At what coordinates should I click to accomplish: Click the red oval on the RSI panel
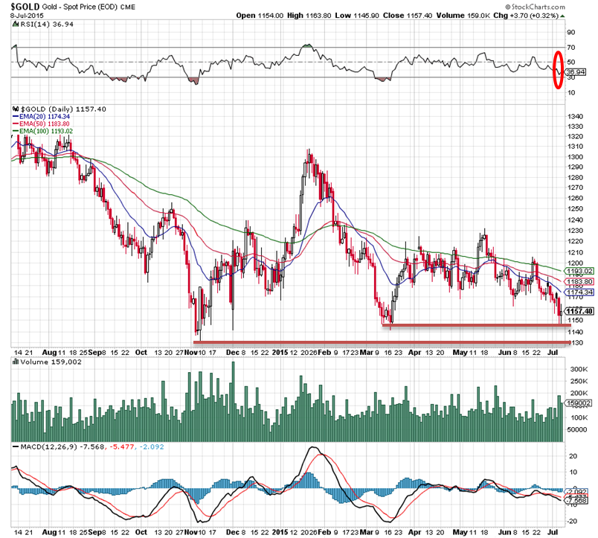pyautogui.click(x=557, y=68)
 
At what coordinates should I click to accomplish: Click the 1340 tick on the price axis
pyautogui.click(x=573, y=117)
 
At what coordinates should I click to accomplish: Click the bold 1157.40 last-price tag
pyautogui.click(x=578, y=311)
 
